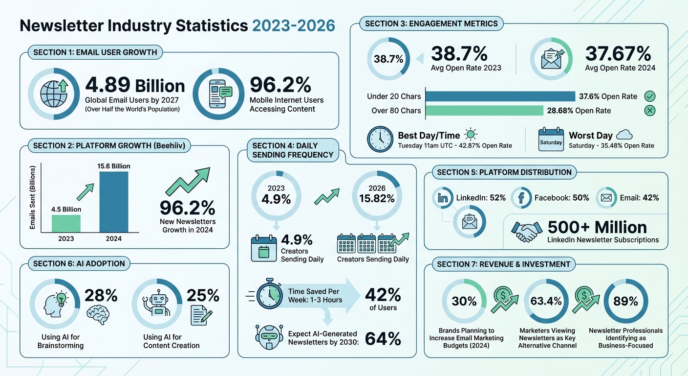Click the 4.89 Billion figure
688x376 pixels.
coord(135,86)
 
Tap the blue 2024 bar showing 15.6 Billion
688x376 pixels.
coord(114,201)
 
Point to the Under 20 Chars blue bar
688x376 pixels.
coord(500,96)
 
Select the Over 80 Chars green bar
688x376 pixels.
coord(484,111)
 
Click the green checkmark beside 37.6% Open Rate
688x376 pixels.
coord(650,96)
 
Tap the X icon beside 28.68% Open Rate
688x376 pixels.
coord(650,111)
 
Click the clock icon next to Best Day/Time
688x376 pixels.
coord(380,139)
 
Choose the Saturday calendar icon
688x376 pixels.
coord(551,139)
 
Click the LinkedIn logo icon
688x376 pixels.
coord(443,198)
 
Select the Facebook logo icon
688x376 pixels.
coord(521,198)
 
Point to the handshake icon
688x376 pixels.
coord(526,231)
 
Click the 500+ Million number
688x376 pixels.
coord(597,227)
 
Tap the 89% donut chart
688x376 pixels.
coord(626,302)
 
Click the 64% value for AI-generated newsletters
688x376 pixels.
coord(383,339)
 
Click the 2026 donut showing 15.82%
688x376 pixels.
coord(376,194)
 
